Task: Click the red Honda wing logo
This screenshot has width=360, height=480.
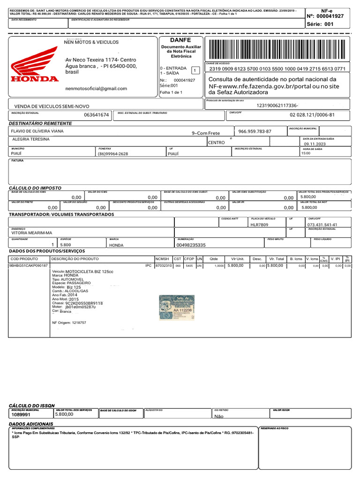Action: coord(35,70)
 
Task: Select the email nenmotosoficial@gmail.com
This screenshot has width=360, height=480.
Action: coord(96,88)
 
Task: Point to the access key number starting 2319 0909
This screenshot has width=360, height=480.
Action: coord(277,68)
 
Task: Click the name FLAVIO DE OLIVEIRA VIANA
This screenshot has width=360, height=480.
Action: coord(37,131)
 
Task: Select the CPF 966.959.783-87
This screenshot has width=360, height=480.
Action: coord(255,131)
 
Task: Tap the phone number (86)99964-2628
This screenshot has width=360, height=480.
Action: coord(113,154)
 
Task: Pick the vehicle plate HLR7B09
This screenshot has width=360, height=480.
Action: coord(259,225)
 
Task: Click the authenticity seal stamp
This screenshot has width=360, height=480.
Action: coord(176,307)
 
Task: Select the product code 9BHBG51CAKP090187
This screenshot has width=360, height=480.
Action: coord(29,266)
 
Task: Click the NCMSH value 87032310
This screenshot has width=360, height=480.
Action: coord(164,266)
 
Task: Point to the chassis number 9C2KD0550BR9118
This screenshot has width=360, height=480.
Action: coord(85,303)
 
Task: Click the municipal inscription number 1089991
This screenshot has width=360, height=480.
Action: coord(21,415)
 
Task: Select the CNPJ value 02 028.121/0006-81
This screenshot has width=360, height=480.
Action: coord(312,115)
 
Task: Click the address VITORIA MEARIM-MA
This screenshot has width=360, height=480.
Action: coord(32,232)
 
